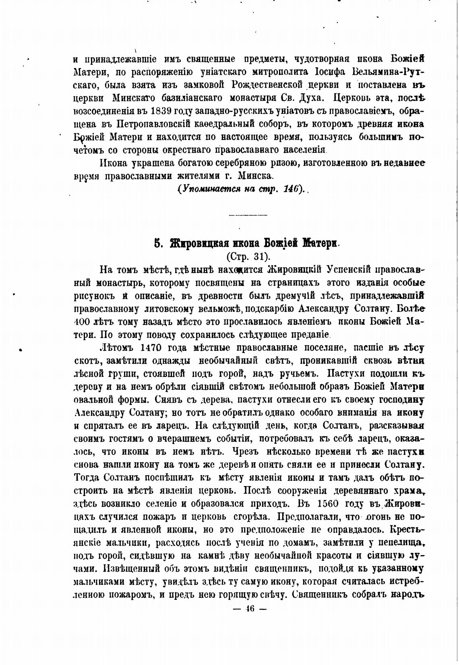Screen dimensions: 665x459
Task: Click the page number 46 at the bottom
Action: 250,609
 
